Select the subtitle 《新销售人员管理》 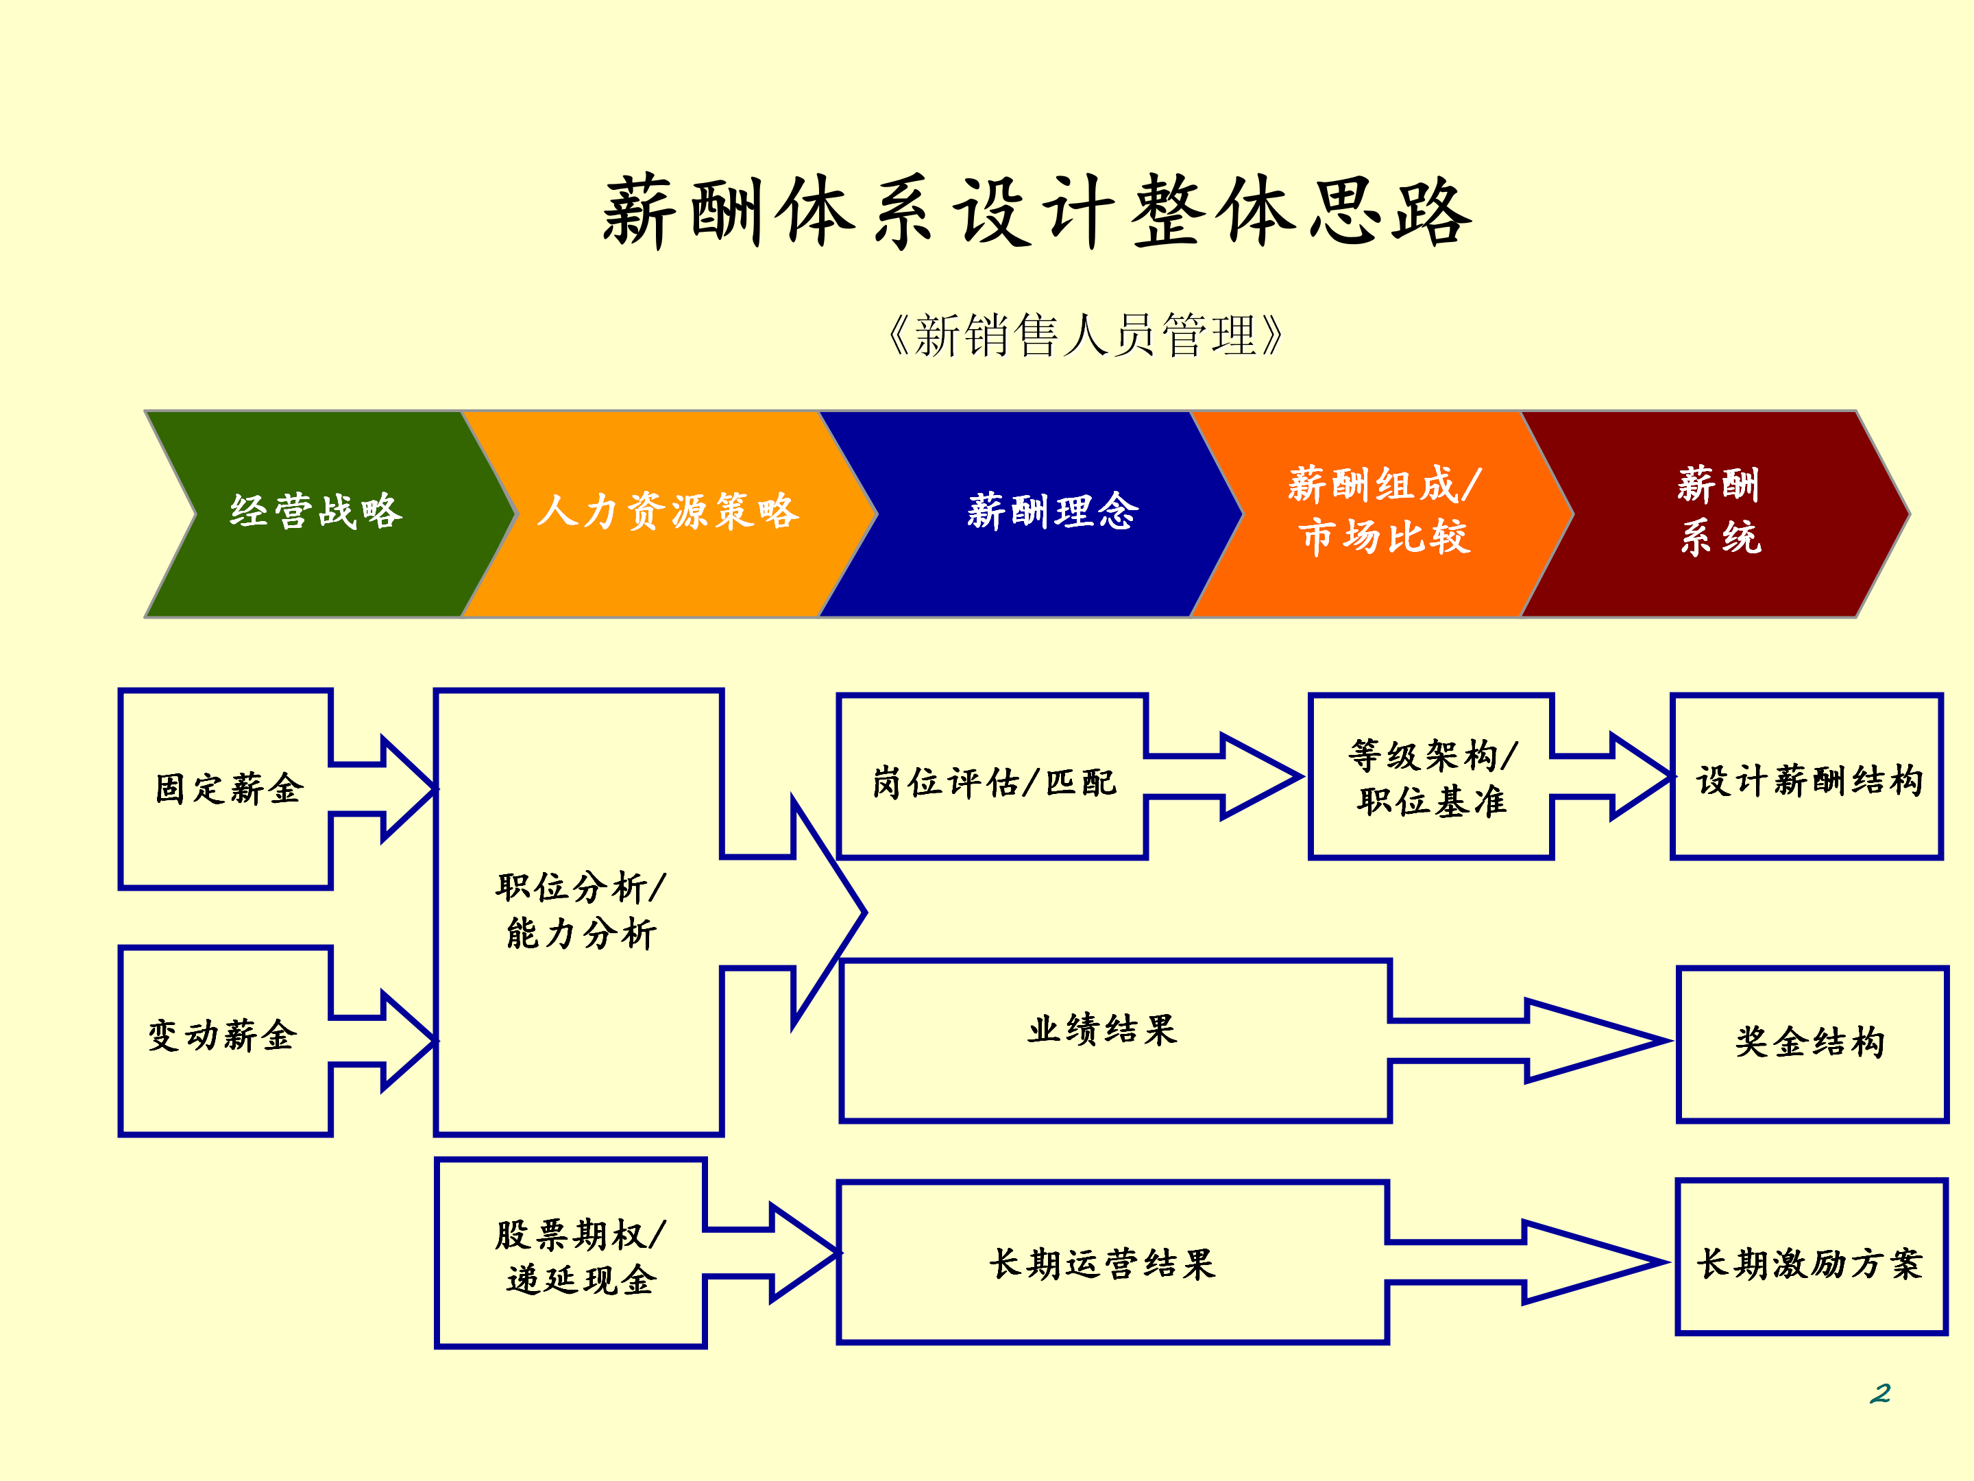1084,337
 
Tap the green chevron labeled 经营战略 317,512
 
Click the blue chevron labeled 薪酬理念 1053,512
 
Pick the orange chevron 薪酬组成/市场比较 1383,512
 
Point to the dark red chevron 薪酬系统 1720,512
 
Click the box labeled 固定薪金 228,789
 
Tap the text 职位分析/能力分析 580,911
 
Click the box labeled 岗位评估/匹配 992,783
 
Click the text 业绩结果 1102,1030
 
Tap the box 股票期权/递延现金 580,1257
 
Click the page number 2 1879,1393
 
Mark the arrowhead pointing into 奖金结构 1598,1041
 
